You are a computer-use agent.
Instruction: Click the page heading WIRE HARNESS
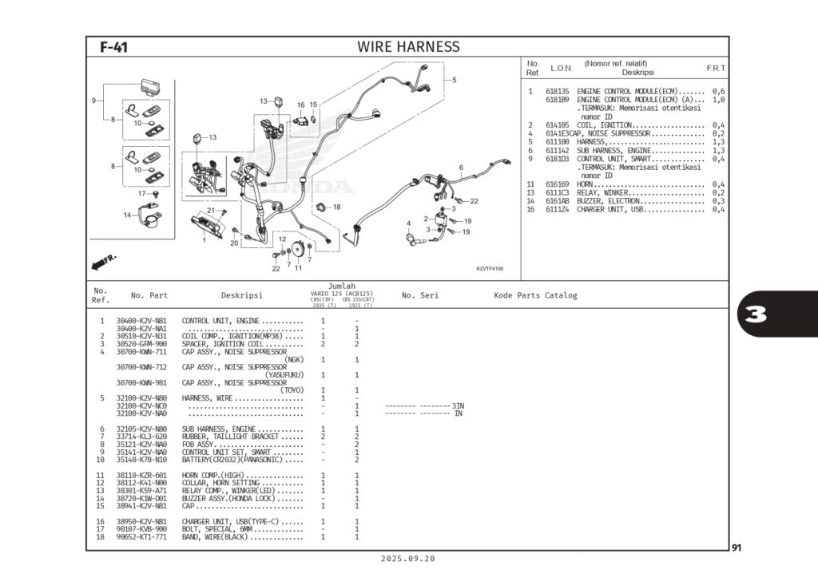click(408, 47)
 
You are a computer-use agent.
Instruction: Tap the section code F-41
click(113, 47)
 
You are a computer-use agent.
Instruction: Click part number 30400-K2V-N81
click(141, 321)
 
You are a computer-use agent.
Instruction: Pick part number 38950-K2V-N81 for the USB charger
click(141, 521)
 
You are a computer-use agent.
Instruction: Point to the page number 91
click(737, 547)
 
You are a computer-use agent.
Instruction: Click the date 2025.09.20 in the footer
click(408, 559)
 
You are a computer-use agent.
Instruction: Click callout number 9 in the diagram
click(93, 101)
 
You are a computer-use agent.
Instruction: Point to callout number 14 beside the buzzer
click(126, 215)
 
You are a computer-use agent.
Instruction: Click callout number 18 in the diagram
click(336, 207)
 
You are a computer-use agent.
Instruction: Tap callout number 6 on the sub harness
click(461, 168)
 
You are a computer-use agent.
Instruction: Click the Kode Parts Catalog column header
click(534, 296)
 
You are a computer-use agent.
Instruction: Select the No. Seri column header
click(419, 296)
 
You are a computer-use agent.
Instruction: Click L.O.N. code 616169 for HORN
click(557, 184)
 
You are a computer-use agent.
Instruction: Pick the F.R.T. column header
click(716, 68)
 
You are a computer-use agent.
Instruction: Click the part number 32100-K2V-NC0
click(141, 405)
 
